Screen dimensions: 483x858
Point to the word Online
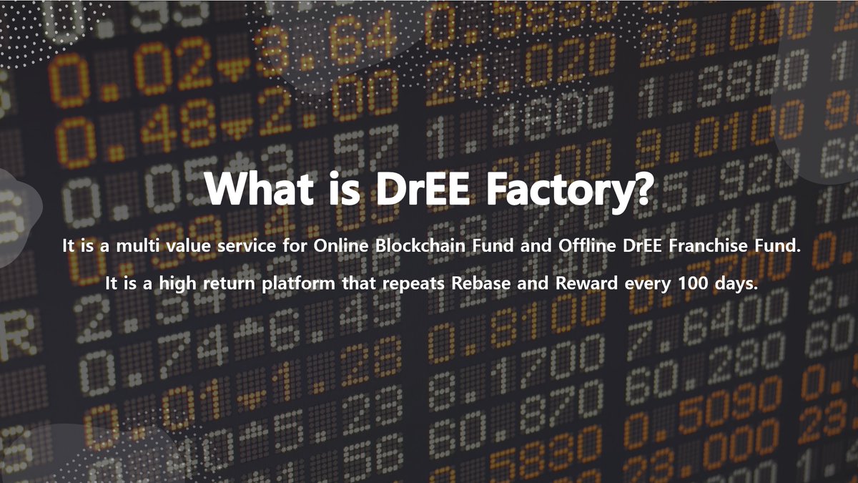point(338,247)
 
